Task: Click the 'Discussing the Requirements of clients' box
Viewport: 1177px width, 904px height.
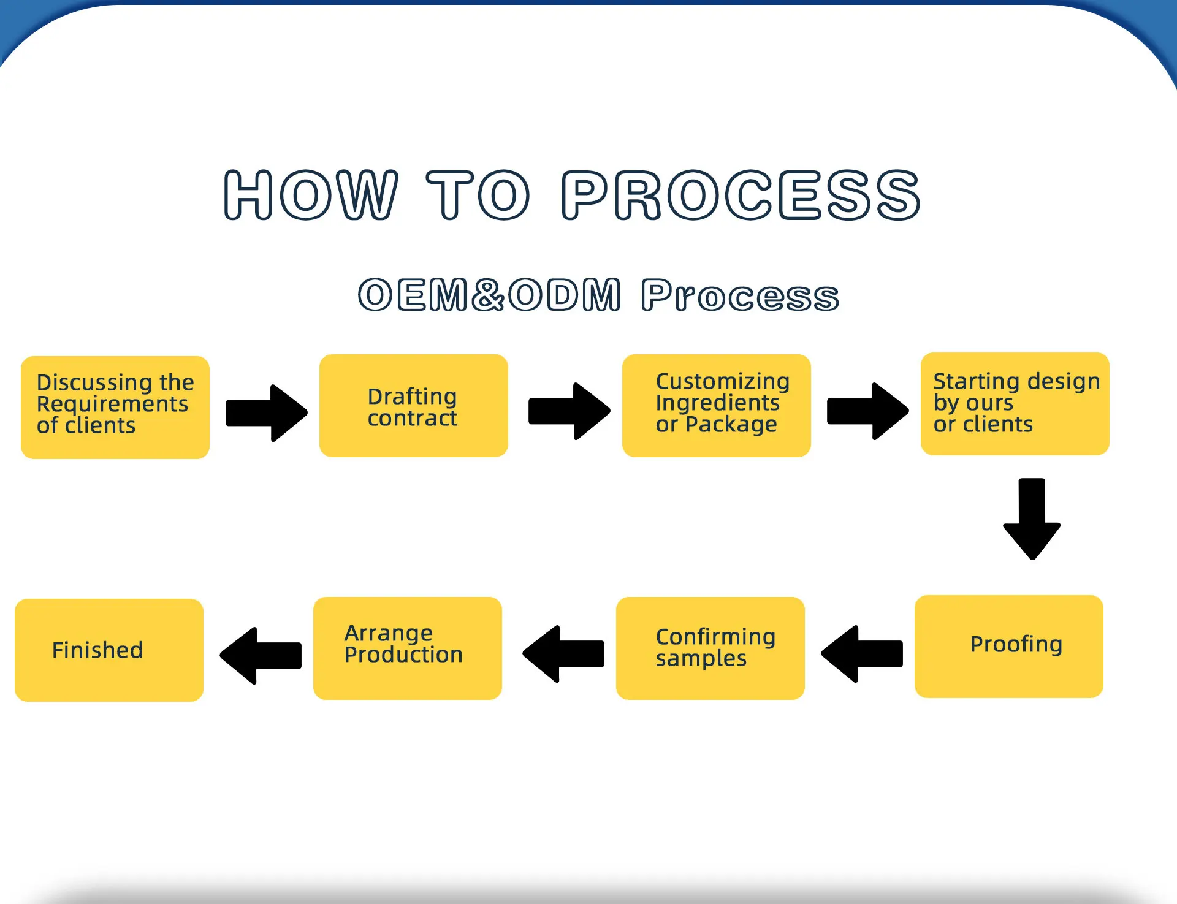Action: point(115,407)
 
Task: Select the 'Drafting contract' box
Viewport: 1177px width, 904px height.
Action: point(414,406)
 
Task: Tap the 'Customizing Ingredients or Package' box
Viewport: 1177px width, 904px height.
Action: point(717,406)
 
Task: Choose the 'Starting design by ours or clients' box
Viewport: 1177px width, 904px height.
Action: point(1015,404)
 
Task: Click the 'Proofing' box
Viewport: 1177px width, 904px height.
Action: point(1009,647)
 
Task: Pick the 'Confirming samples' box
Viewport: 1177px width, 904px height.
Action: point(710,648)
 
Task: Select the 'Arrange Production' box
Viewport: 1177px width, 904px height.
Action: point(408,648)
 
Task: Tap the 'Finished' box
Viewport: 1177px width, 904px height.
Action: point(109,650)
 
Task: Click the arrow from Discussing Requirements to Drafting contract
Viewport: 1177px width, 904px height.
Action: point(267,413)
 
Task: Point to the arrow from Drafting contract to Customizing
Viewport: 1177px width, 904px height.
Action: point(569,411)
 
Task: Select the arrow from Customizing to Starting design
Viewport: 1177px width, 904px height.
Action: point(868,411)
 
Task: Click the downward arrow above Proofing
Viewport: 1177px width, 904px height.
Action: point(1032,519)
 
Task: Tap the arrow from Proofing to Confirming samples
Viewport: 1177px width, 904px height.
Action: point(862,654)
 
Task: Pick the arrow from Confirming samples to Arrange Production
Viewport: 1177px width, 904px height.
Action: point(563,654)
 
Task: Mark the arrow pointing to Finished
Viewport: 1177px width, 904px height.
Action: point(261,656)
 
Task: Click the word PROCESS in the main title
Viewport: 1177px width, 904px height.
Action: point(741,195)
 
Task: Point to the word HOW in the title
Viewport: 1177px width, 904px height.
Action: point(311,195)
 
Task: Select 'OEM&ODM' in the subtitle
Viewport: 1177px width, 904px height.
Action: point(490,295)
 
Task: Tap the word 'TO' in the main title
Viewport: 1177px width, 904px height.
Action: point(478,195)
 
